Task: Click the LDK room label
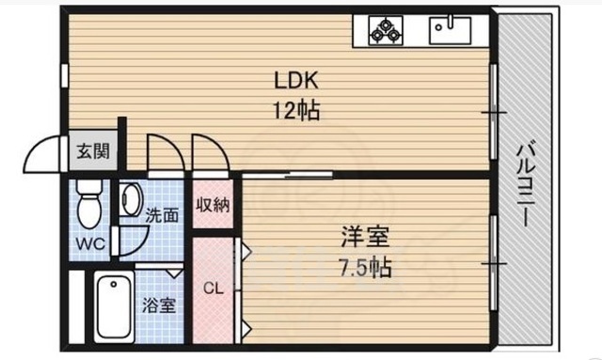[x=296, y=81]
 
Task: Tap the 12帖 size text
[x=296, y=111]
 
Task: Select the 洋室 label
[x=365, y=237]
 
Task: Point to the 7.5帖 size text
[x=365, y=267]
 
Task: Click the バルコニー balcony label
[x=526, y=184]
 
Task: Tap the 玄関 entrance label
[x=93, y=151]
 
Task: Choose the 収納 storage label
[x=214, y=205]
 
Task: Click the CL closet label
[x=214, y=288]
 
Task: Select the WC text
[x=90, y=243]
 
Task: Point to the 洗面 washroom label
[x=162, y=215]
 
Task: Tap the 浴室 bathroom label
[x=159, y=305]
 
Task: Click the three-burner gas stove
[x=386, y=30]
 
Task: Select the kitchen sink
[x=450, y=29]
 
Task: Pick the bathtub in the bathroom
[x=114, y=306]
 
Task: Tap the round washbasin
[x=130, y=199]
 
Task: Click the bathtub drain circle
[x=113, y=285]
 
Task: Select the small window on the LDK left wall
[x=65, y=75]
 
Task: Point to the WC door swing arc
[x=141, y=245]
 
